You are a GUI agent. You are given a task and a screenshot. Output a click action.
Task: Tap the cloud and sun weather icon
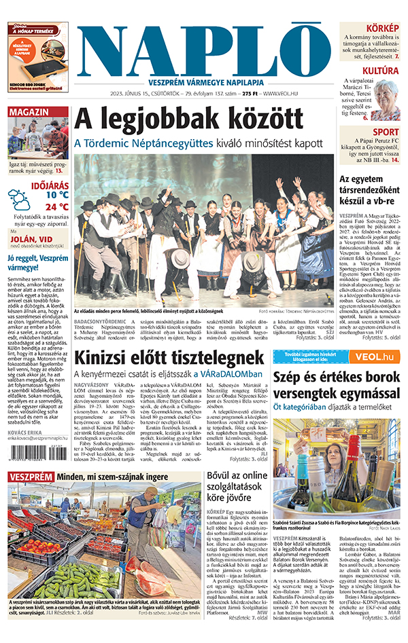click(x=20, y=201)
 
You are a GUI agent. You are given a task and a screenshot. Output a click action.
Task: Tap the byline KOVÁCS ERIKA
click(x=26, y=432)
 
